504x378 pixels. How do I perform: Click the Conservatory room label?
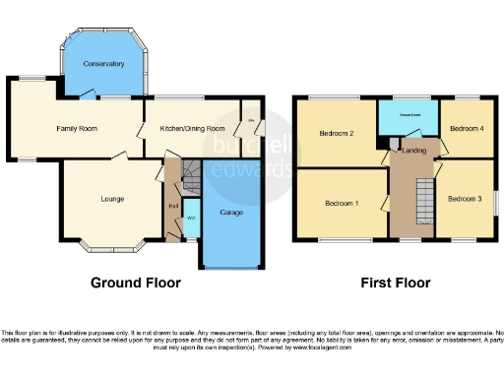[x=104, y=64]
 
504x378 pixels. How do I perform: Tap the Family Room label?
[x=76, y=128]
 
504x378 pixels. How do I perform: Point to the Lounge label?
[x=112, y=200]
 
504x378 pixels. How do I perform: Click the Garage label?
[x=231, y=212]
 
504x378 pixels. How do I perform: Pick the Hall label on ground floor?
[x=173, y=205]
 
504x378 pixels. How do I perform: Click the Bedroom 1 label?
[x=342, y=203]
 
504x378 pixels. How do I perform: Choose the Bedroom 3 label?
[x=464, y=199]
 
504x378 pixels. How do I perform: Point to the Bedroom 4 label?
[x=467, y=129]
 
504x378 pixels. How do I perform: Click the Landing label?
[x=413, y=150]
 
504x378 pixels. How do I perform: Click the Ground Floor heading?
[x=136, y=283]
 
